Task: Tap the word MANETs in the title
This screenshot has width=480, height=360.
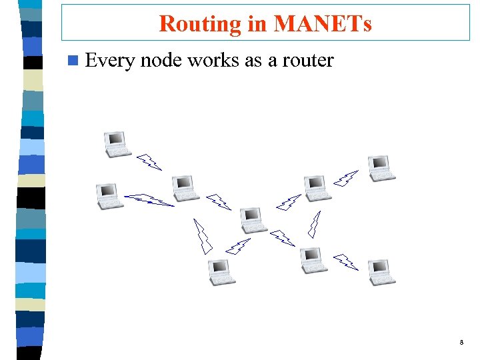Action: [323, 24]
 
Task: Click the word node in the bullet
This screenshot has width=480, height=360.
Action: [162, 61]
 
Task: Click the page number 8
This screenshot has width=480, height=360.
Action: [461, 343]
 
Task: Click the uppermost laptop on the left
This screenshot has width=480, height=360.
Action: [117, 144]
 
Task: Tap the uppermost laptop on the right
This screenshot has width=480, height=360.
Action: [381, 168]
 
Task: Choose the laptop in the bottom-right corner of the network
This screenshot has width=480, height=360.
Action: [381, 272]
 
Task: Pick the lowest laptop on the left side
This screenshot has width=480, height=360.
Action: [221, 272]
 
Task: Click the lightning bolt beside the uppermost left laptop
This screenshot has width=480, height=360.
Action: [149, 162]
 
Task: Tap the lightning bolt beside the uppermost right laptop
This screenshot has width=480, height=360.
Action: [346, 178]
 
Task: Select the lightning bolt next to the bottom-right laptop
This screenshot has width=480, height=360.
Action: [346, 261]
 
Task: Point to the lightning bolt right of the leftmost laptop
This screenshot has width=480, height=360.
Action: [149, 199]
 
